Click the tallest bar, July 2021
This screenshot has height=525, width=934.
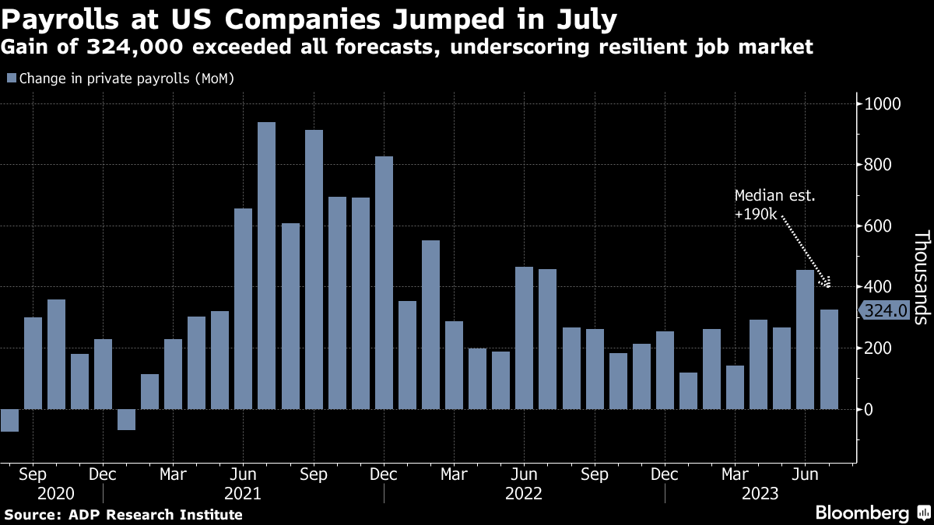tap(266, 265)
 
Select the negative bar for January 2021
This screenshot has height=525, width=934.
tap(126, 419)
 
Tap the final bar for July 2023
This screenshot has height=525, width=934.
tap(829, 359)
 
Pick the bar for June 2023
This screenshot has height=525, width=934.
tap(805, 340)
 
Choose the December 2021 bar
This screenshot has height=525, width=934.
tap(384, 282)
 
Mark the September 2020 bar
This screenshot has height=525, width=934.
tap(33, 363)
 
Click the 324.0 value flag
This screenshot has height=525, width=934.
tap(883, 311)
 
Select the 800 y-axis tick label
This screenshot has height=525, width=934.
tap(878, 165)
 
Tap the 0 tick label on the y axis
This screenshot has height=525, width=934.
tap(869, 410)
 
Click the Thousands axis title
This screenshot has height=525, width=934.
tap(922, 278)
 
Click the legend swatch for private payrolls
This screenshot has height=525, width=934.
tap(12, 78)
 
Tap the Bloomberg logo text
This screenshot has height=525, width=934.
tap(862, 513)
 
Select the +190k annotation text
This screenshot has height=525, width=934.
tap(756, 214)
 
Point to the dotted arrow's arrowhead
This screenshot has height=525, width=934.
tap(826, 283)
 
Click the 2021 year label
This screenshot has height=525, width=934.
tap(243, 494)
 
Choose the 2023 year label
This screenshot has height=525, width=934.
tap(760, 494)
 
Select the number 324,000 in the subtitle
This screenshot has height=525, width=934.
tap(135, 47)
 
